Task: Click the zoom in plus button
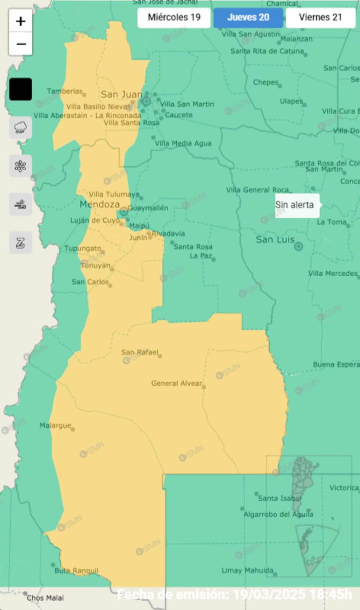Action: pyautogui.click(x=21, y=22)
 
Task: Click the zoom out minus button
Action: pyautogui.click(x=21, y=44)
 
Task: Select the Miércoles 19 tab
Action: pyautogui.click(x=174, y=18)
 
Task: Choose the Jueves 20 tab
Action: pyautogui.click(x=248, y=18)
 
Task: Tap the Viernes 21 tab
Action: pyautogui.click(x=321, y=18)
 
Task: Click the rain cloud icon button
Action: pyautogui.click(x=21, y=128)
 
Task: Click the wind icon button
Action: pyautogui.click(x=21, y=204)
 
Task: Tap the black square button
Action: pyautogui.click(x=21, y=89)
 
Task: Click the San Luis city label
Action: pyautogui.click(x=275, y=240)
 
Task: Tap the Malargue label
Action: pyautogui.click(x=55, y=425)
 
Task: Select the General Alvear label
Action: pyautogui.click(x=176, y=383)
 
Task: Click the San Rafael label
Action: pyautogui.click(x=140, y=352)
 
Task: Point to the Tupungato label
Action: pyautogui.click(x=82, y=248)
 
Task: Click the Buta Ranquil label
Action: pyautogui.click(x=76, y=571)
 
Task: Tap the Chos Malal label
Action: pyautogui.click(x=45, y=598)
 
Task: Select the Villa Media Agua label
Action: pyautogui.click(x=183, y=144)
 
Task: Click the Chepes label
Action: pyautogui.click(x=266, y=82)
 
